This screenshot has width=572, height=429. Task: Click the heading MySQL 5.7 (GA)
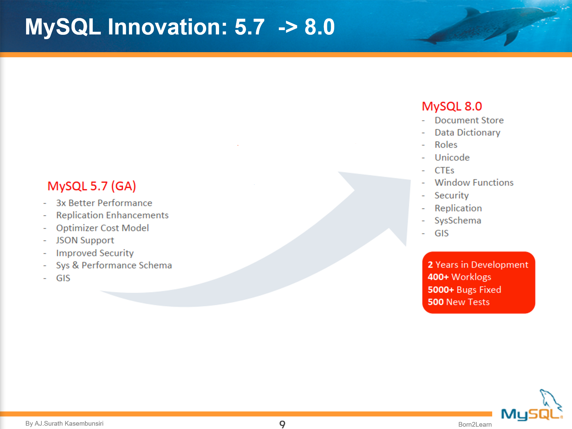(91, 186)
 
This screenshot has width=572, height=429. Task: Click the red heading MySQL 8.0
(452, 106)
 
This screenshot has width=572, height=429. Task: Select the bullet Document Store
(469, 120)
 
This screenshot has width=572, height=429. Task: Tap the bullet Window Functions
(474, 183)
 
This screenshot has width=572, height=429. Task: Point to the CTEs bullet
(444, 171)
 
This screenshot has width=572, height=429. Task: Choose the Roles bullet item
(446, 145)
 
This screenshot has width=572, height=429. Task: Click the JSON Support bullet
(85, 240)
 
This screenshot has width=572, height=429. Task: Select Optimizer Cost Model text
(102, 228)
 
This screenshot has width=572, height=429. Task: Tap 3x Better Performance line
(104, 203)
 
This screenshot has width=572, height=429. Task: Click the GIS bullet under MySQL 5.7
(63, 278)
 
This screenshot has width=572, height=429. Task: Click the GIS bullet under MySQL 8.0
(441, 233)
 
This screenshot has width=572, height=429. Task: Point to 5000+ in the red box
(440, 290)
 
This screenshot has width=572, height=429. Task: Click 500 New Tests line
(458, 302)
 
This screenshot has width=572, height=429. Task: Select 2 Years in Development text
(478, 265)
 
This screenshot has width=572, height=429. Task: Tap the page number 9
(282, 424)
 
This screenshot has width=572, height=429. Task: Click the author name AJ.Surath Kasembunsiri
(69, 424)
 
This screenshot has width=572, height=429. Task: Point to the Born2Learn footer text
(474, 424)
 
